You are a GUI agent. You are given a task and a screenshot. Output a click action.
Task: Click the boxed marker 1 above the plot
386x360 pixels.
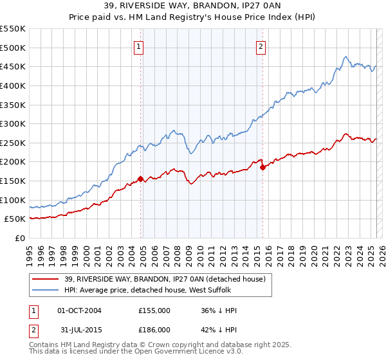(140, 46)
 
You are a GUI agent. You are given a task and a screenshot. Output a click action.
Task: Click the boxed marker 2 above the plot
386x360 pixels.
(261, 46)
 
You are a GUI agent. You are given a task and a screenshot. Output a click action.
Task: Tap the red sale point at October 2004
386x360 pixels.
(140, 179)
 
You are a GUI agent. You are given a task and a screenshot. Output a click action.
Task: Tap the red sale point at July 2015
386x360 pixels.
(262, 167)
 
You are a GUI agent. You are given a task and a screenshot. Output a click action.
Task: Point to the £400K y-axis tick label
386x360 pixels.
(13, 85)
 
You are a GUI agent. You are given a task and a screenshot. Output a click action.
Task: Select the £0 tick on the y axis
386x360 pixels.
(21, 238)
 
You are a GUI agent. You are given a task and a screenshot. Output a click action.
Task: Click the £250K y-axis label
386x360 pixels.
(13, 143)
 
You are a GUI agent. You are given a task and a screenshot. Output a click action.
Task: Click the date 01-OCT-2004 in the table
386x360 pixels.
(79, 310)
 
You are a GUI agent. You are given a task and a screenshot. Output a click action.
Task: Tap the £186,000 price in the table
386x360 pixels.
(154, 328)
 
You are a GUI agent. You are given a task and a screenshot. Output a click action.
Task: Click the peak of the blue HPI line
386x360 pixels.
(346, 57)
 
